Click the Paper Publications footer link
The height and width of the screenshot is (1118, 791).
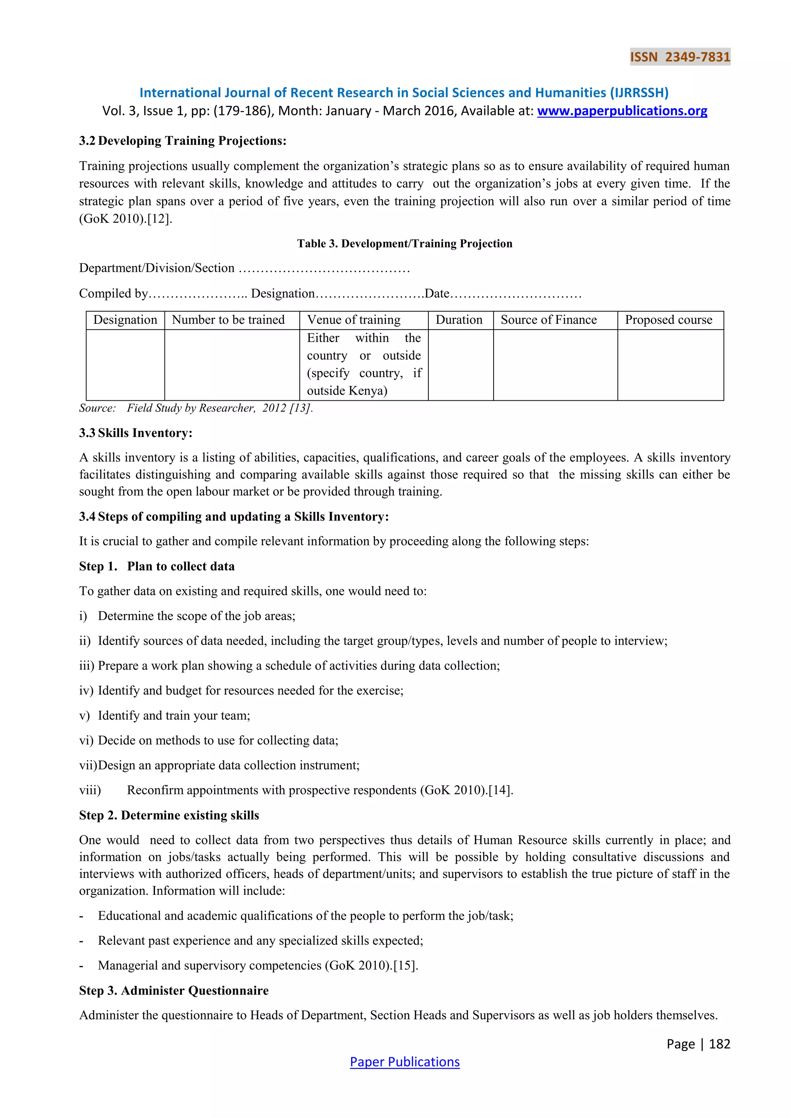click(404, 1062)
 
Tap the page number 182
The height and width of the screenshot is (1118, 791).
click(720, 1043)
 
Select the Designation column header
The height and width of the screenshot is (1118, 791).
click(125, 320)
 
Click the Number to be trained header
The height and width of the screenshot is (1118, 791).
click(228, 320)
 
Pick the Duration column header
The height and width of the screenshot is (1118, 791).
click(459, 320)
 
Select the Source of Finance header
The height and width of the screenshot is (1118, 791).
click(548, 320)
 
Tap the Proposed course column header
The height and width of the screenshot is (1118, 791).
click(668, 320)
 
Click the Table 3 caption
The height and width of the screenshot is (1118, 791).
click(404, 244)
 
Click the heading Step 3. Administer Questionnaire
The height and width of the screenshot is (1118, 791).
click(174, 991)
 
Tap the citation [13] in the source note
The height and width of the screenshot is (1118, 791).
click(300, 408)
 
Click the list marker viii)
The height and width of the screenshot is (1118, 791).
click(90, 790)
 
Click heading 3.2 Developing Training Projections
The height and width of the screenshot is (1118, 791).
click(183, 141)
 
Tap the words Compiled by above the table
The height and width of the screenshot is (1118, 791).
click(113, 294)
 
